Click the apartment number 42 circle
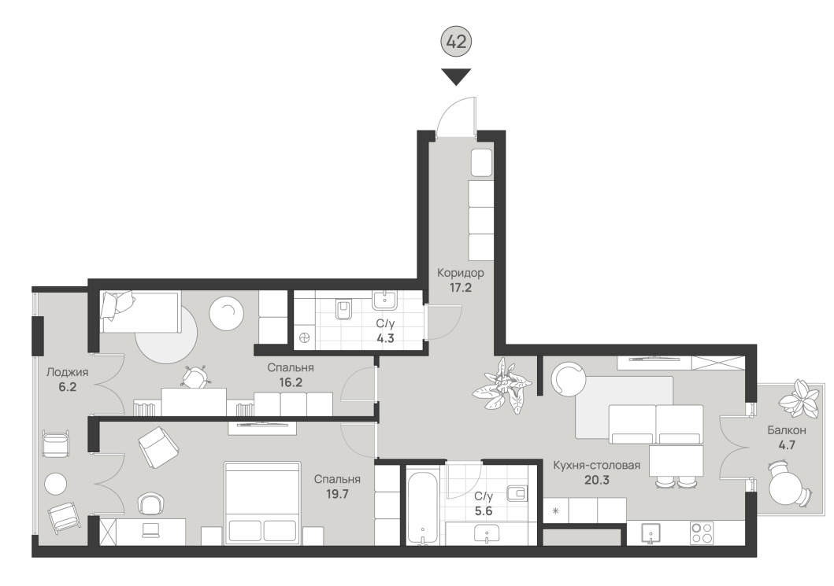coord(456,41)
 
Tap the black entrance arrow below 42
coord(456,77)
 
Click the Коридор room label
coord(461,273)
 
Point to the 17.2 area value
coord(461,288)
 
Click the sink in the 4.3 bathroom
coord(384,300)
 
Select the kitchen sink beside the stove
coord(650,533)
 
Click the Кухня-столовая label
coord(596,466)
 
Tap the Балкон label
coord(786,430)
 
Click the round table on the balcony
coord(786,488)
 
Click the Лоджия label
coord(68,372)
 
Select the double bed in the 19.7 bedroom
coord(262,503)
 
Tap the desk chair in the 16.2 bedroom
coord(195,377)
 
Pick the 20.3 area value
coord(597,481)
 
